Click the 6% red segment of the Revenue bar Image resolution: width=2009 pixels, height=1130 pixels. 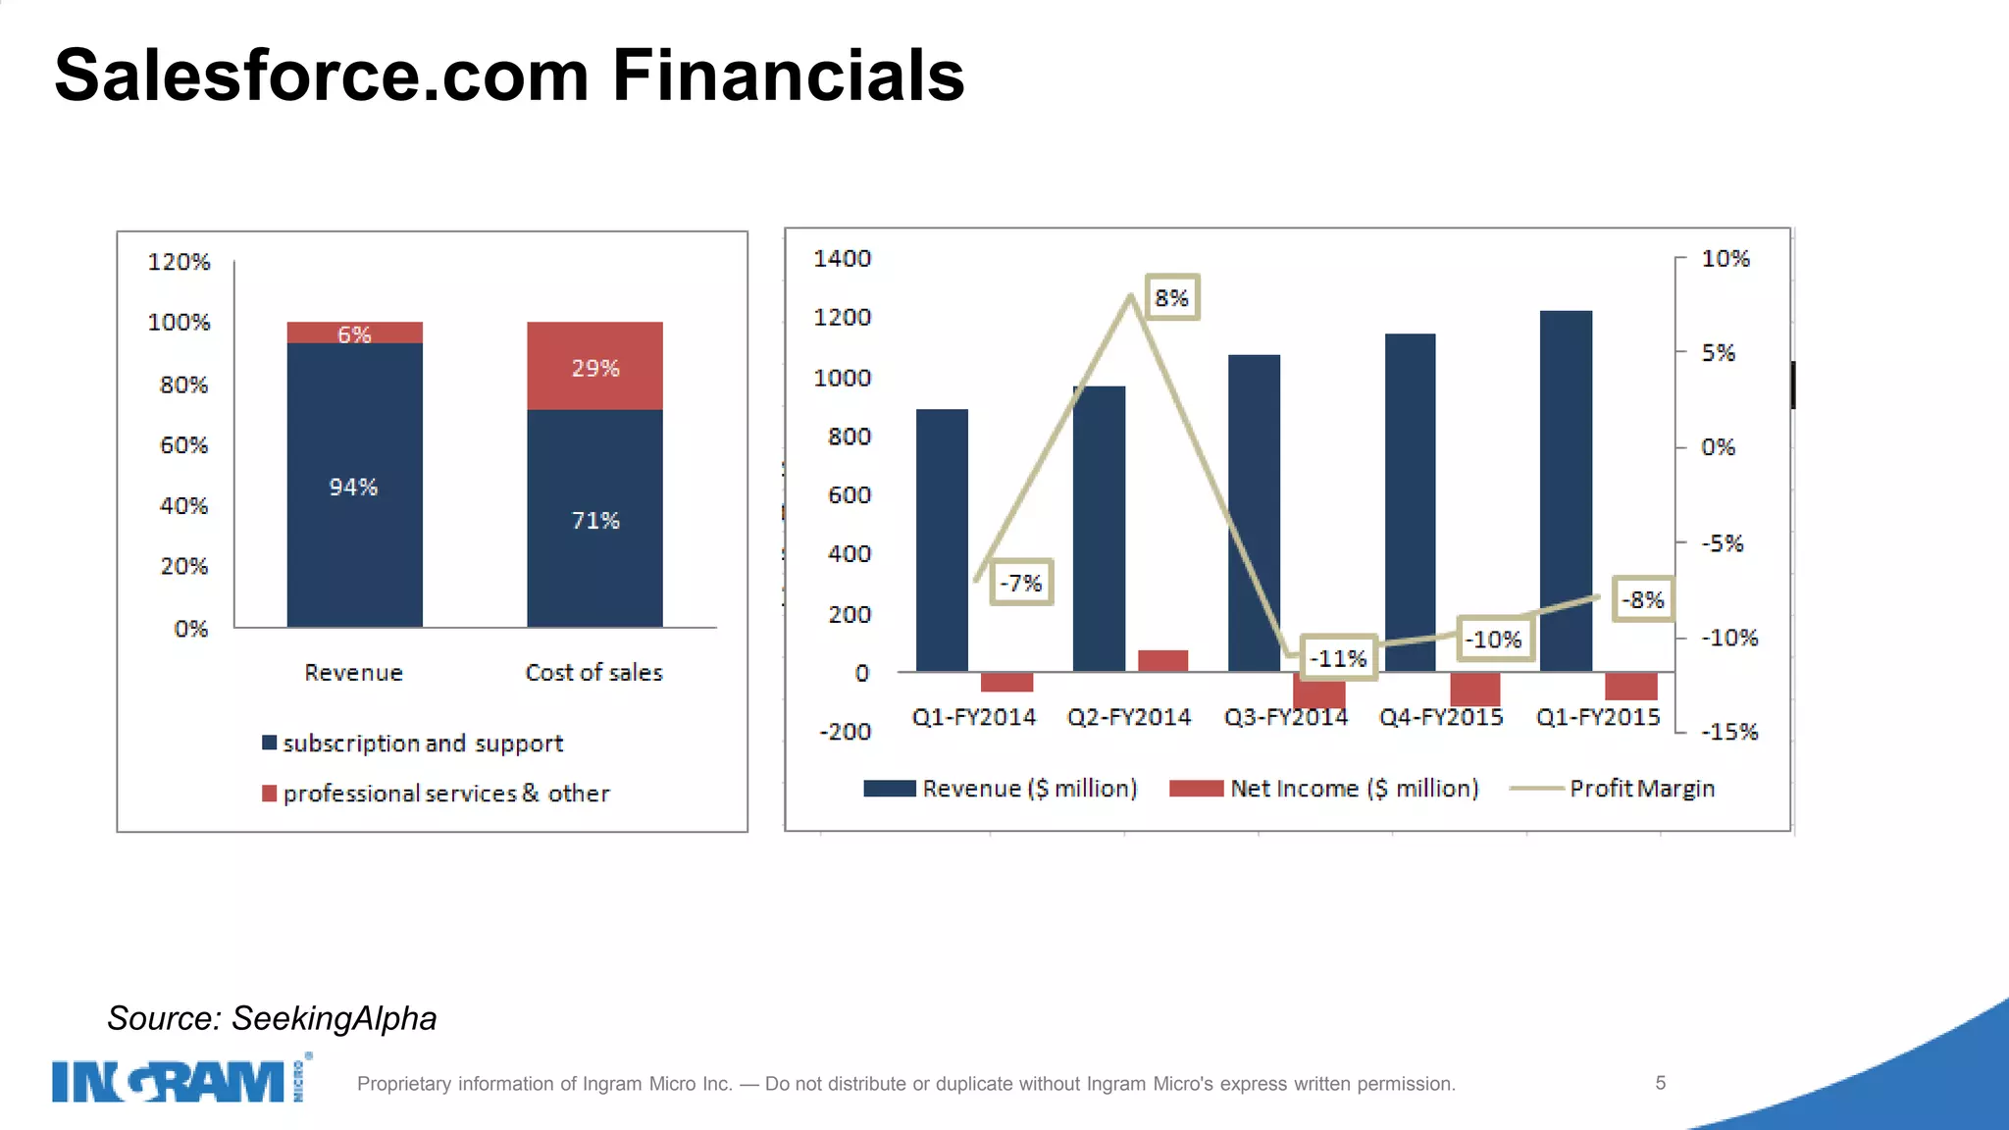click(354, 334)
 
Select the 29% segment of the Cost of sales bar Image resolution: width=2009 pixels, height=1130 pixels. click(594, 367)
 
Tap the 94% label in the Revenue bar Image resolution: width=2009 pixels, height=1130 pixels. click(353, 487)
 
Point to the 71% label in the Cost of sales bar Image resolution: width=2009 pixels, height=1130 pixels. click(594, 520)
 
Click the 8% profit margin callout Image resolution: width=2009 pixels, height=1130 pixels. click(1171, 298)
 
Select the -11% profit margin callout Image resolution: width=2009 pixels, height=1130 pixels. click(1338, 658)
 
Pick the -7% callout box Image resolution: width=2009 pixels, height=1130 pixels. click(1020, 583)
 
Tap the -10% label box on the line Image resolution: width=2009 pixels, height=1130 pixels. click(1494, 640)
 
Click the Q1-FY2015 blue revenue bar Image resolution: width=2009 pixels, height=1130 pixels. click(1566, 490)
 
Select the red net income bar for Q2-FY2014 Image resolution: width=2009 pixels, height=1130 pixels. click(1162, 660)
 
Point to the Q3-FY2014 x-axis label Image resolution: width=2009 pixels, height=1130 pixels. click(1285, 717)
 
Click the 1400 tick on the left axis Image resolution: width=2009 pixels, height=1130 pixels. click(842, 259)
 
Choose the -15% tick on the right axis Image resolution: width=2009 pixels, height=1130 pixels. click(1729, 732)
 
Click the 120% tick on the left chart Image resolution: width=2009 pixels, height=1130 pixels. click(179, 262)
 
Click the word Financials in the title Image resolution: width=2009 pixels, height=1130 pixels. click(788, 76)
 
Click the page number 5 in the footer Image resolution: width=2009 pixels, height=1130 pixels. click(1660, 1083)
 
